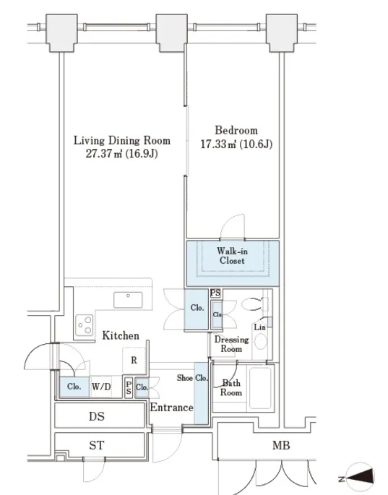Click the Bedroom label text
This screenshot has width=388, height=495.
236,130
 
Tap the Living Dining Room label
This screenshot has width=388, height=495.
122,140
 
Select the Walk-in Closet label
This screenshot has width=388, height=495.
232,256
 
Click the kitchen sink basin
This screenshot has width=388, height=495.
128,300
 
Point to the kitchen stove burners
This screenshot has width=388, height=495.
85,325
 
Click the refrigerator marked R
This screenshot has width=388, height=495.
134,360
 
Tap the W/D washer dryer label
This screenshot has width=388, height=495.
101,387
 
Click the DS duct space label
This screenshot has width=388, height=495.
97,416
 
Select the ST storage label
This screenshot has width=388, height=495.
97,445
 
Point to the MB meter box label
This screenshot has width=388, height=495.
281,445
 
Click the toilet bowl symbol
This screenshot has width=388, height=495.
252,304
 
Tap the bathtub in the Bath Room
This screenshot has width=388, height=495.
260,388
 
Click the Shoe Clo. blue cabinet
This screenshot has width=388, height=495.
201,393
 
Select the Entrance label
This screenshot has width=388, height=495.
171,408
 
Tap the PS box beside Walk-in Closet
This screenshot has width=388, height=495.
215,293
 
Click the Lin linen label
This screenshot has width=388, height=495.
259,327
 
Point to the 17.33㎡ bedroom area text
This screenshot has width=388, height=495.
218,145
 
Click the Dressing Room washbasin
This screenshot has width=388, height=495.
260,341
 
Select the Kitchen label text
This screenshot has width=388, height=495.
121,335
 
